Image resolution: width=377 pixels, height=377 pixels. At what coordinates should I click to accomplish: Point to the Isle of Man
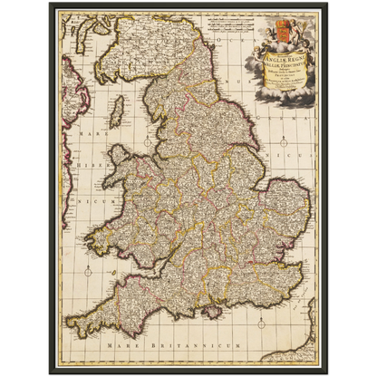point(116,114)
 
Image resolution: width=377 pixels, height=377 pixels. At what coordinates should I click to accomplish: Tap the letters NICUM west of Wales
point(73,218)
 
